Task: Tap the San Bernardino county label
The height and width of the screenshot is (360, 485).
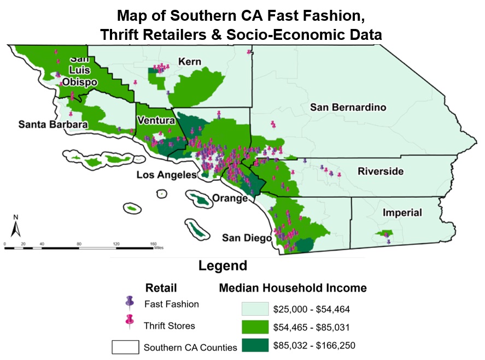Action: pyautogui.click(x=348, y=107)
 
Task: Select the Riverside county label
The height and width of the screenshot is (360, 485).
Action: pyautogui.click(x=381, y=172)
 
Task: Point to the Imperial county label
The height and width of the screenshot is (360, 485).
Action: pyautogui.click(x=401, y=212)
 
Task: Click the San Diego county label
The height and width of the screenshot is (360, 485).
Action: pyautogui.click(x=247, y=238)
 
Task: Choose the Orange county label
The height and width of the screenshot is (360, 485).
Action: pyautogui.click(x=230, y=198)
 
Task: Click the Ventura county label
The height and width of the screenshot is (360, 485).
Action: pyautogui.click(x=156, y=120)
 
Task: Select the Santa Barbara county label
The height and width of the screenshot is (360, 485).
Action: pyautogui.click(x=53, y=125)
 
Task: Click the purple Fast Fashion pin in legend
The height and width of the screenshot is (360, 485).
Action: pyautogui.click(x=129, y=302)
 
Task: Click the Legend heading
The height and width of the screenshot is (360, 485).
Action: pyautogui.click(x=223, y=266)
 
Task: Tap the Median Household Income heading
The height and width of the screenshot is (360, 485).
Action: pyautogui.click(x=293, y=288)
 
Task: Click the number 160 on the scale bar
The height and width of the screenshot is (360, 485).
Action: pyautogui.click(x=153, y=243)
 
